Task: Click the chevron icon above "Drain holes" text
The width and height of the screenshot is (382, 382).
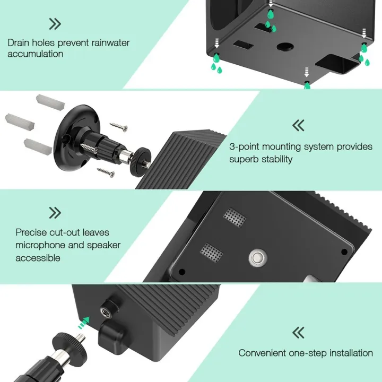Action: click(55, 23)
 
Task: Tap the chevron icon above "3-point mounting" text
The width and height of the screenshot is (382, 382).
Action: click(299, 126)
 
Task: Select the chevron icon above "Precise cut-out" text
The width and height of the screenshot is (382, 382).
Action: click(55, 213)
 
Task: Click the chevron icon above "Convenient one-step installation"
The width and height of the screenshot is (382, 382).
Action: click(299, 333)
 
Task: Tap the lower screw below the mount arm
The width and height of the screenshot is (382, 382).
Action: click(106, 171)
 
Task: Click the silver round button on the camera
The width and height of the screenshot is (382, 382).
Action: click(257, 258)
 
